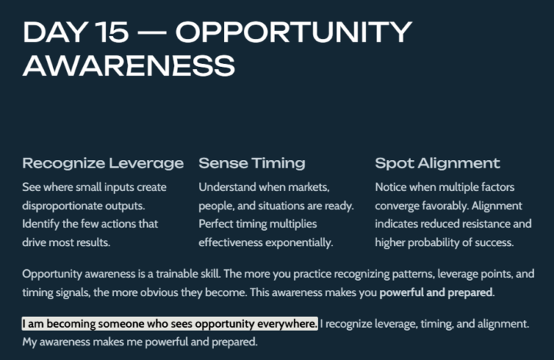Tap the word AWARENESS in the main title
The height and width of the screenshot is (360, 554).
[x=129, y=65]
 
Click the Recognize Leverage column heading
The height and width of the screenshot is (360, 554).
[x=103, y=163]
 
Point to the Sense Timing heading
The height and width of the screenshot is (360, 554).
[x=252, y=163]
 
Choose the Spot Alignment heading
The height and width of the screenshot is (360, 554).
[x=437, y=163]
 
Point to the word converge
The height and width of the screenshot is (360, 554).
[x=398, y=206]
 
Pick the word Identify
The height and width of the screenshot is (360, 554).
[x=43, y=225]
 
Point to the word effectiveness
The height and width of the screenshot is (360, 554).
[x=232, y=243]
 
